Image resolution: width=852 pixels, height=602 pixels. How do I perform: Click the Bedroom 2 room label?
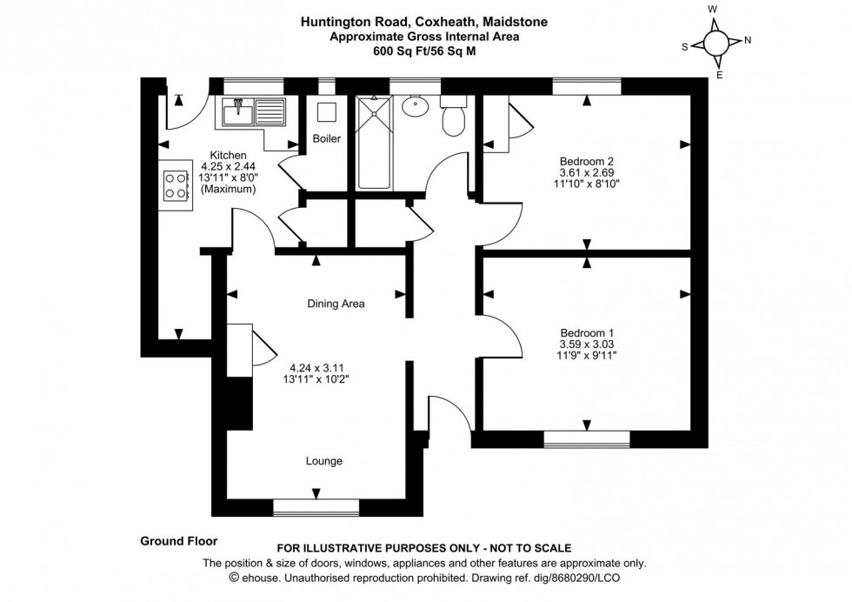pyautogui.click(x=587, y=161)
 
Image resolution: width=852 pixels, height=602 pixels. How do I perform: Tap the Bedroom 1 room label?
pyautogui.click(x=587, y=332)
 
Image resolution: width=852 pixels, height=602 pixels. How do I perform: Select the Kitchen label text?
pyautogui.click(x=216, y=155)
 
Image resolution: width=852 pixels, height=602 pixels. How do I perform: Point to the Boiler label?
pyautogui.click(x=327, y=138)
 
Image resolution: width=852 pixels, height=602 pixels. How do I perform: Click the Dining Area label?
pyautogui.click(x=336, y=304)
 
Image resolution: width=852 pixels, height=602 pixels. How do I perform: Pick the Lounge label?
pyautogui.click(x=323, y=461)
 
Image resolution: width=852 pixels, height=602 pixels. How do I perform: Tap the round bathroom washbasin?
pyautogui.click(x=416, y=107)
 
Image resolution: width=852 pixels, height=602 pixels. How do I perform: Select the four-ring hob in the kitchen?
pyautogui.click(x=176, y=184)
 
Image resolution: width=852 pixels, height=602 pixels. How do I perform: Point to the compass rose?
pyautogui.click(x=717, y=42)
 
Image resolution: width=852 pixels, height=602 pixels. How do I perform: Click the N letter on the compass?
pyautogui.click(x=748, y=40)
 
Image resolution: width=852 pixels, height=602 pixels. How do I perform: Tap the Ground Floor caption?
pyautogui.click(x=179, y=540)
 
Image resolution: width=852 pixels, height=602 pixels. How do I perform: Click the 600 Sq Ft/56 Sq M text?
pyautogui.click(x=424, y=51)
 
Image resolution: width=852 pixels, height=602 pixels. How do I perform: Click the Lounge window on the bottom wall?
pyautogui.click(x=316, y=505)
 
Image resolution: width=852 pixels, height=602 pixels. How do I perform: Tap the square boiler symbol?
pyautogui.click(x=327, y=112)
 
